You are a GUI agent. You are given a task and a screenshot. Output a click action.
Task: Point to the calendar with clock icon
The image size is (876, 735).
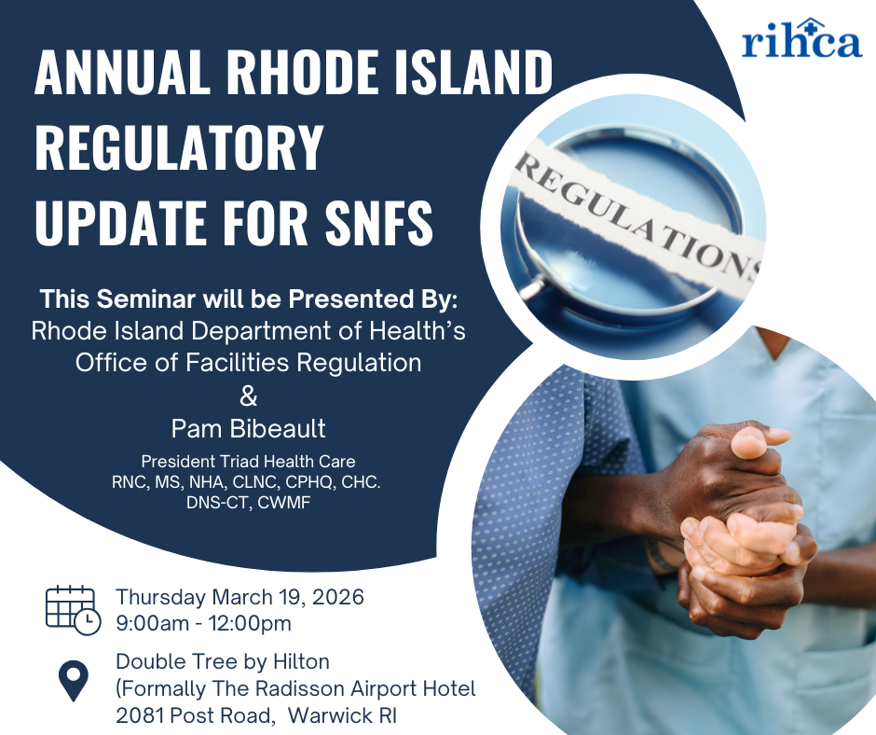tap(73, 610)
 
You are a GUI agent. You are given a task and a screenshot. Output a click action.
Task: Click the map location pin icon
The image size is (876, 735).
tap(73, 681)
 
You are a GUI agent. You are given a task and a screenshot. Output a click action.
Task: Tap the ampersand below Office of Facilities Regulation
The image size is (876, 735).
tap(248, 396)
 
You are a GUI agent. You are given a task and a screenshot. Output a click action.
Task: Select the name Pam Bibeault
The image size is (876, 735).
tap(248, 428)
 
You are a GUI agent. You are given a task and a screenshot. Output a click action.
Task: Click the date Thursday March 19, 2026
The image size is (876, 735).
tap(240, 596)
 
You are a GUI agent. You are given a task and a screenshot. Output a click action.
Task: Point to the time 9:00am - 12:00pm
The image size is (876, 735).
tap(203, 622)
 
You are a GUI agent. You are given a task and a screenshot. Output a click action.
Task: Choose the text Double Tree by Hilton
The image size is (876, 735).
tap(223, 661)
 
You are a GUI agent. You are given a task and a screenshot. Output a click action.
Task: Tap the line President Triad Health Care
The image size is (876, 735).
tap(248, 461)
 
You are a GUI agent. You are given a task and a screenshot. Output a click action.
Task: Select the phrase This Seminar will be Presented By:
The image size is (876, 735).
tap(248, 300)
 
